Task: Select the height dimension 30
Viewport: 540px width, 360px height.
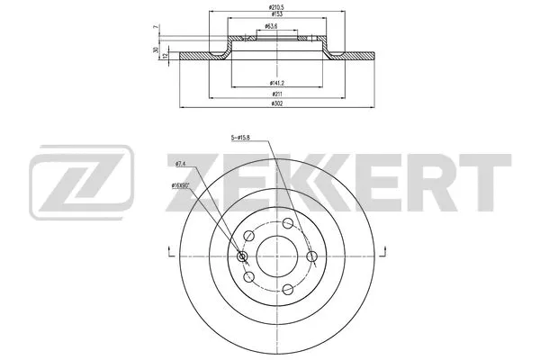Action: [x=157, y=49]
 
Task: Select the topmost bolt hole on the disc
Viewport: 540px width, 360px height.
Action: [x=286, y=223]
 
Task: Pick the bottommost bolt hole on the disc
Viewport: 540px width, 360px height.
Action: [x=286, y=290]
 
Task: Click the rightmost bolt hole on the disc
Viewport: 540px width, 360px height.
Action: [x=311, y=256]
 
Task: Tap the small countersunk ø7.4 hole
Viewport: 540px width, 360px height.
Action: [x=241, y=256]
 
